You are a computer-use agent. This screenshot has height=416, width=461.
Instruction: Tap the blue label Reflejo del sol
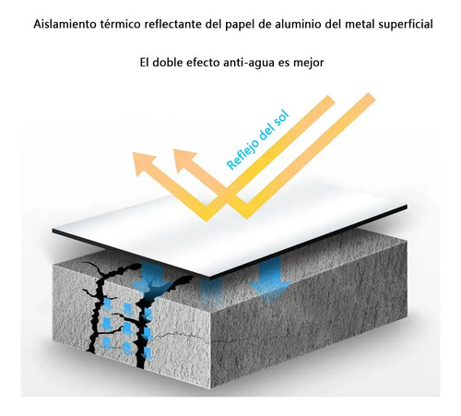click(257, 140)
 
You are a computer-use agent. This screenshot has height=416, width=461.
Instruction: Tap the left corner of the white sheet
click(53, 231)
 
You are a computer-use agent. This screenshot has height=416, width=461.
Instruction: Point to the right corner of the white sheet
click(407, 207)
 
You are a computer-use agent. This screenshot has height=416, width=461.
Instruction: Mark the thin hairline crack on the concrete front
click(182, 336)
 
